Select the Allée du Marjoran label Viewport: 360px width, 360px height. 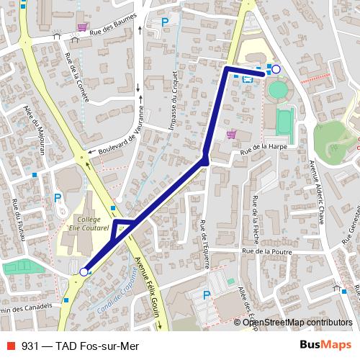coord(33,134)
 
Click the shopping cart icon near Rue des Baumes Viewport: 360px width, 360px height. coord(83,27)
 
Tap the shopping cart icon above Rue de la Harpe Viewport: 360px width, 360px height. coord(231,134)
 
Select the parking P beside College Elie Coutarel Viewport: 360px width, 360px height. coord(58,198)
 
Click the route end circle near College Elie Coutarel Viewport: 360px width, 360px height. coord(84,271)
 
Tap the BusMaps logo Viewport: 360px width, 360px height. coord(324,345)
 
